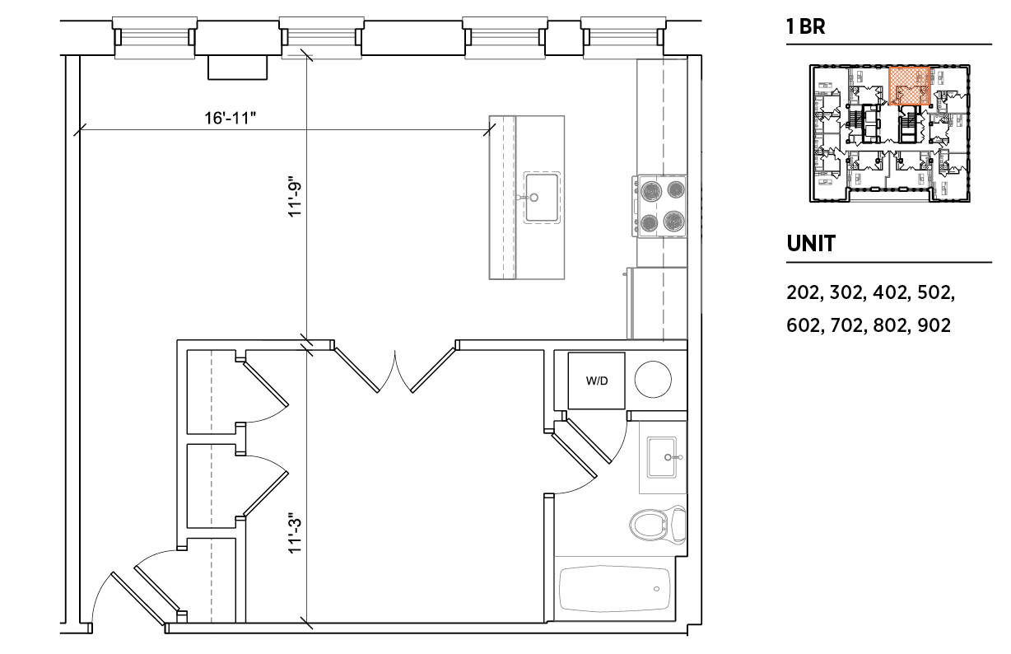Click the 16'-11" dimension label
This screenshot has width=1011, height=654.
(231, 119)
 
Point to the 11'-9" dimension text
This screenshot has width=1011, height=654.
(295, 197)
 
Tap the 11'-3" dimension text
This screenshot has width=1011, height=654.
(295, 533)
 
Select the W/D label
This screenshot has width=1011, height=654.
(597, 381)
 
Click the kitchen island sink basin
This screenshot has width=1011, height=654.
(542, 198)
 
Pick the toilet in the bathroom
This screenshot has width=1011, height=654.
(658, 525)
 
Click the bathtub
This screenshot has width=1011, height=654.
(615, 588)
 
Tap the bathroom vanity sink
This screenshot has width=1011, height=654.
(662, 457)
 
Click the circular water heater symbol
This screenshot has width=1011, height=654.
(653, 380)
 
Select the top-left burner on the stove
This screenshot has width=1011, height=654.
(651, 190)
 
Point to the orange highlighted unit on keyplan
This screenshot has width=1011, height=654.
(910, 86)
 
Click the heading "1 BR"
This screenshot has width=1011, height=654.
(806, 26)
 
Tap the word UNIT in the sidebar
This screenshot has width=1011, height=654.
(811, 244)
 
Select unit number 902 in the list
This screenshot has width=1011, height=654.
(934, 325)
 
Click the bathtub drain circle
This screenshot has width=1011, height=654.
(656, 588)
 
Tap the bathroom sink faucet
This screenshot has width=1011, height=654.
(672, 457)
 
